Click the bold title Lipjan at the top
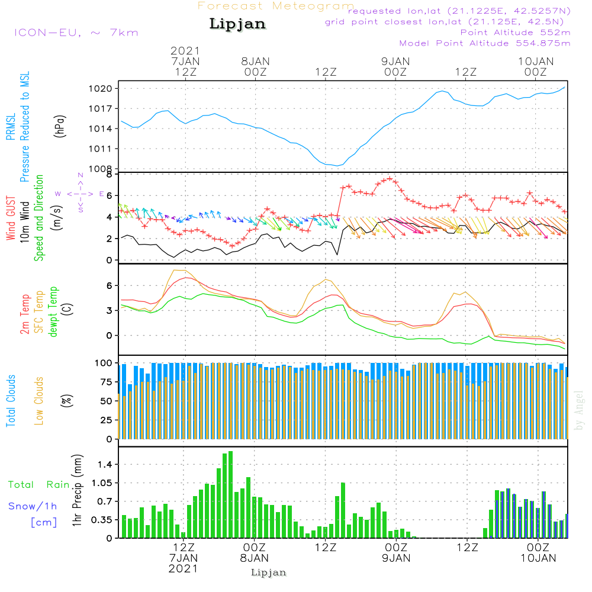[x=237, y=24]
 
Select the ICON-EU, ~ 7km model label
[x=76, y=33]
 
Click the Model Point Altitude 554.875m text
[x=485, y=43]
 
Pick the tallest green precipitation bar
[x=230, y=494]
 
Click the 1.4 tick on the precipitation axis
[x=105, y=465]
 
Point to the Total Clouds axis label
[x=11, y=400]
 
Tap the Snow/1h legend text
[x=33, y=506]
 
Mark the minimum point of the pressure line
[x=337, y=165]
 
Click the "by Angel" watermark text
[x=579, y=410]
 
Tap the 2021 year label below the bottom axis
[x=183, y=568]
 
